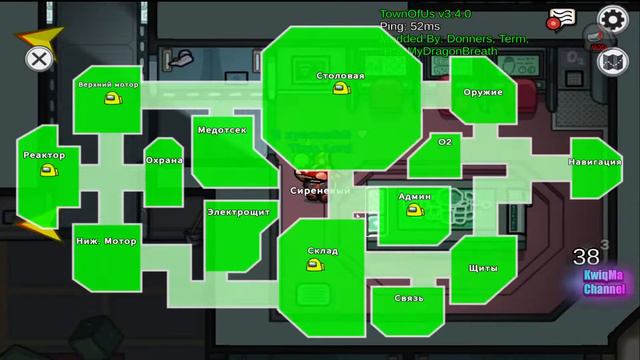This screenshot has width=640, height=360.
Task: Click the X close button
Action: click(38, 58)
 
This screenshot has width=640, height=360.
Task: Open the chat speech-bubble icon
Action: click(561, 18)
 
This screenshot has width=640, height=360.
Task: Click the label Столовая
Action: click(340, 76)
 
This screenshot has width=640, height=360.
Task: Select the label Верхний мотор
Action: click(108, 85)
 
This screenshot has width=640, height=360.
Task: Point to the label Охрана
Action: click(164, 160)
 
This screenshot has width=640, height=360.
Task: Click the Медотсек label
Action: click(221, 130)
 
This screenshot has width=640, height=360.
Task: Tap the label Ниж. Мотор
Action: click(106, 241)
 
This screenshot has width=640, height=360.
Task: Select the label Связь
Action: click(408, 298)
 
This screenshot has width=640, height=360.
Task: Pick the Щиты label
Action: click(482, 268)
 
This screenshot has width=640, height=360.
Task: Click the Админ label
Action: click(414, 197)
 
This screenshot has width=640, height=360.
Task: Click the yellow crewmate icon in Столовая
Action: click(341, 89)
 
